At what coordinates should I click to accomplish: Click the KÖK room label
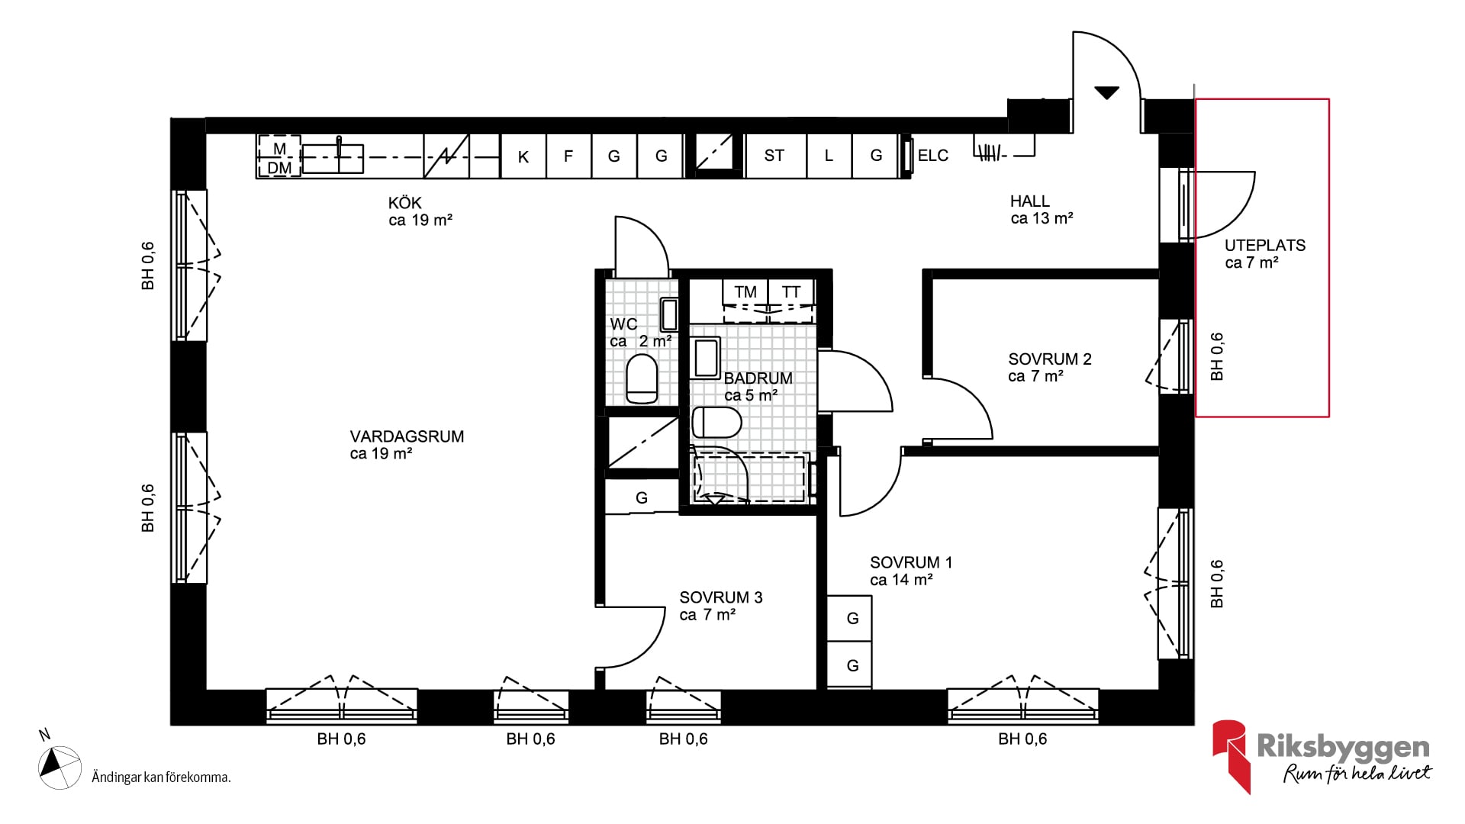[405, 203]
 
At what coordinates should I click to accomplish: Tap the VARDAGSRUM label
[407, 436]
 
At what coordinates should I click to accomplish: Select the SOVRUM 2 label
[1050, 359]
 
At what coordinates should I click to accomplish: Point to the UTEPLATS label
[1265, 245]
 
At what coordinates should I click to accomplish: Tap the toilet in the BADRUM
[716, 422]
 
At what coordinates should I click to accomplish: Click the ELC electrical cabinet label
[932, 156]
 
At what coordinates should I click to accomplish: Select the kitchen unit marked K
[523, 156]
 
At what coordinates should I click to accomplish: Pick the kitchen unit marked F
[568, 156]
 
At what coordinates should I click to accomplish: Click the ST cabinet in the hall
[774, 156]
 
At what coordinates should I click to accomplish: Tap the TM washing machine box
[745, 291]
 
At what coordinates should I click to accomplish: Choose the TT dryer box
[791, 291]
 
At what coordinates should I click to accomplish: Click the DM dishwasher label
[279, 167]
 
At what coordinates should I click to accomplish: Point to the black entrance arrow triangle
[1106, 93]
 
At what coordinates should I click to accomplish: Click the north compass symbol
[60, 766]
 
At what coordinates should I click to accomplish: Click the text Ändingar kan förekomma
[161, 777]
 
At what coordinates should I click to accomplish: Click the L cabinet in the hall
[829, 156]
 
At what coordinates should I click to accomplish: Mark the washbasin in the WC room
[668, 314]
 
